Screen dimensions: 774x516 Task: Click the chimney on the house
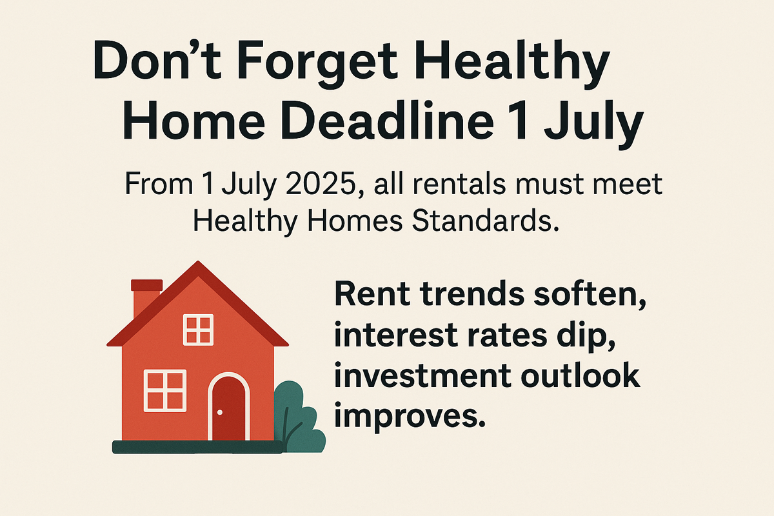(x=146, y=298)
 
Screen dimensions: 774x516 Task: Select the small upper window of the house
(x=198, y=330)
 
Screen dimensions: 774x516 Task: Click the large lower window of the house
(x=165, y=390)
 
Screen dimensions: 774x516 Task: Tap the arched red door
(x=228, y=407)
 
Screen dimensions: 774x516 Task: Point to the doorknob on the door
(x=220, y=412)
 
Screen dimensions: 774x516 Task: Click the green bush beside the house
(x=299, y=418)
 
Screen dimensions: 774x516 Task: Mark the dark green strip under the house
(x=197, y=447)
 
